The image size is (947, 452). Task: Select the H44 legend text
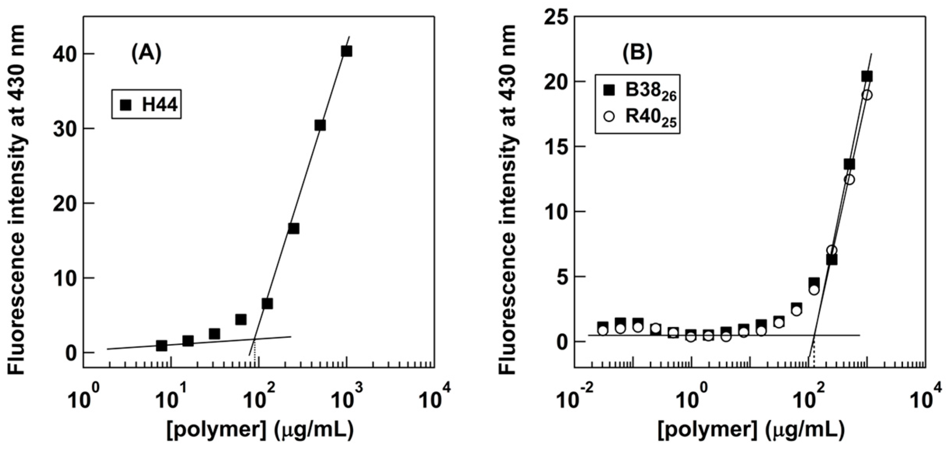point(160,105)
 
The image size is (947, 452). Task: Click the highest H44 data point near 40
point(346,51)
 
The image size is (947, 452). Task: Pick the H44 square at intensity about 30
point(320,125)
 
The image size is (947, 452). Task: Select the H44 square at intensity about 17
point(294,229)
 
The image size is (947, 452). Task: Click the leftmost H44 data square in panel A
point(162,346)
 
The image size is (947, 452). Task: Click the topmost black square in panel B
point(867,76)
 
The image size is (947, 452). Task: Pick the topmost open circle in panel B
point(867,95)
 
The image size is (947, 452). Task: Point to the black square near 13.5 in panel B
point(849,164)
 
